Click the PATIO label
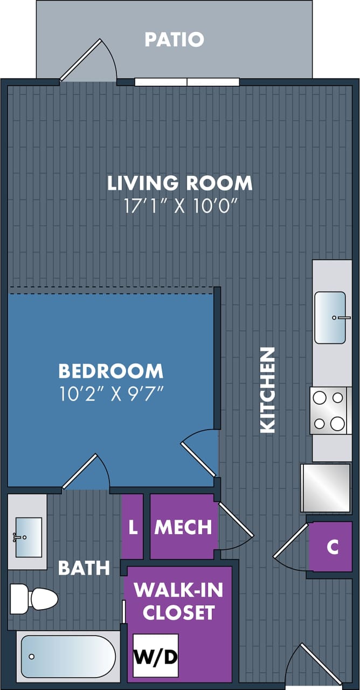point(174,39)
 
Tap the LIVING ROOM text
point(179,183)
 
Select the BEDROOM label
point(110,371)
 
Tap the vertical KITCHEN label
point(268,390)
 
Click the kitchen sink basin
point(330,318)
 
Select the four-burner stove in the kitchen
point(329,411)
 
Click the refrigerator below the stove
point(325,487)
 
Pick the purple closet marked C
point(332,547)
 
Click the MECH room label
point(183,527)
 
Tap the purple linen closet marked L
point(132,527)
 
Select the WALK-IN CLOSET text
point(178,601)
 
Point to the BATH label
point(84,568)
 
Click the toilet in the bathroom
point(34,598)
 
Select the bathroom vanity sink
point(28,537)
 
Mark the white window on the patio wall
point(186,82)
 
